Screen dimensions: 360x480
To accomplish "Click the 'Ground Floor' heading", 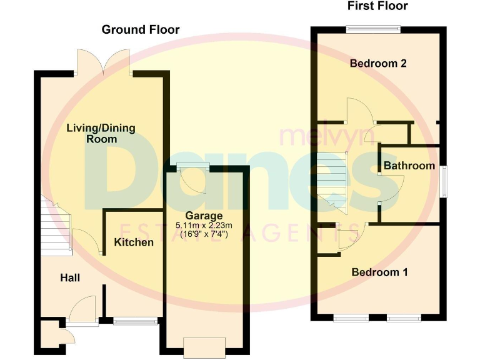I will pos(141,29).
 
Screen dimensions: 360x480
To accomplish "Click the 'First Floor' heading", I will pos(377,6).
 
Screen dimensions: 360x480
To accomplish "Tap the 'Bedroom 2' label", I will pos(379,63).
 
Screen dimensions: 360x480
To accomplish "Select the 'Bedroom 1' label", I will pos(380,272).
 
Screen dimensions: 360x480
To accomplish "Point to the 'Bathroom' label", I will pos(409,166).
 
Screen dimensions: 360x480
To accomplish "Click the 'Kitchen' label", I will pos(134,242).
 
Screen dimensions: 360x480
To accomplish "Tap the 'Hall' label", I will pos(70,277).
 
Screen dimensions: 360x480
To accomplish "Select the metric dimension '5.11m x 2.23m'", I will pos(204,226).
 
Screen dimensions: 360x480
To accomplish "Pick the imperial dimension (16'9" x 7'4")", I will pos(204,234).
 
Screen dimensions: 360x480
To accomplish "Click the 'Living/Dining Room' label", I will pos(101,134).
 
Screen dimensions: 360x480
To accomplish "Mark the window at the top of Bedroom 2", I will pos(374,27).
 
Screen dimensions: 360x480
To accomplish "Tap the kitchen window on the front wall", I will pos(136,322).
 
